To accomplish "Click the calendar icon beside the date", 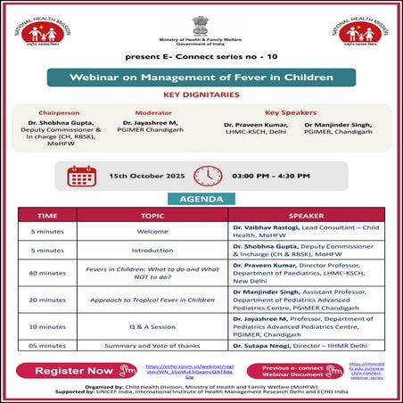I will click(82, 176).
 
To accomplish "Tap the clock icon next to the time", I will click(208, 176).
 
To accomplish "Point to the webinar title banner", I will click(201, 77).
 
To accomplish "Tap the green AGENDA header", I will click(201, 199).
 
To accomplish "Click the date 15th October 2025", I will click(143, 177).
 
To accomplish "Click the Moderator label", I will click(153, 113).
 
